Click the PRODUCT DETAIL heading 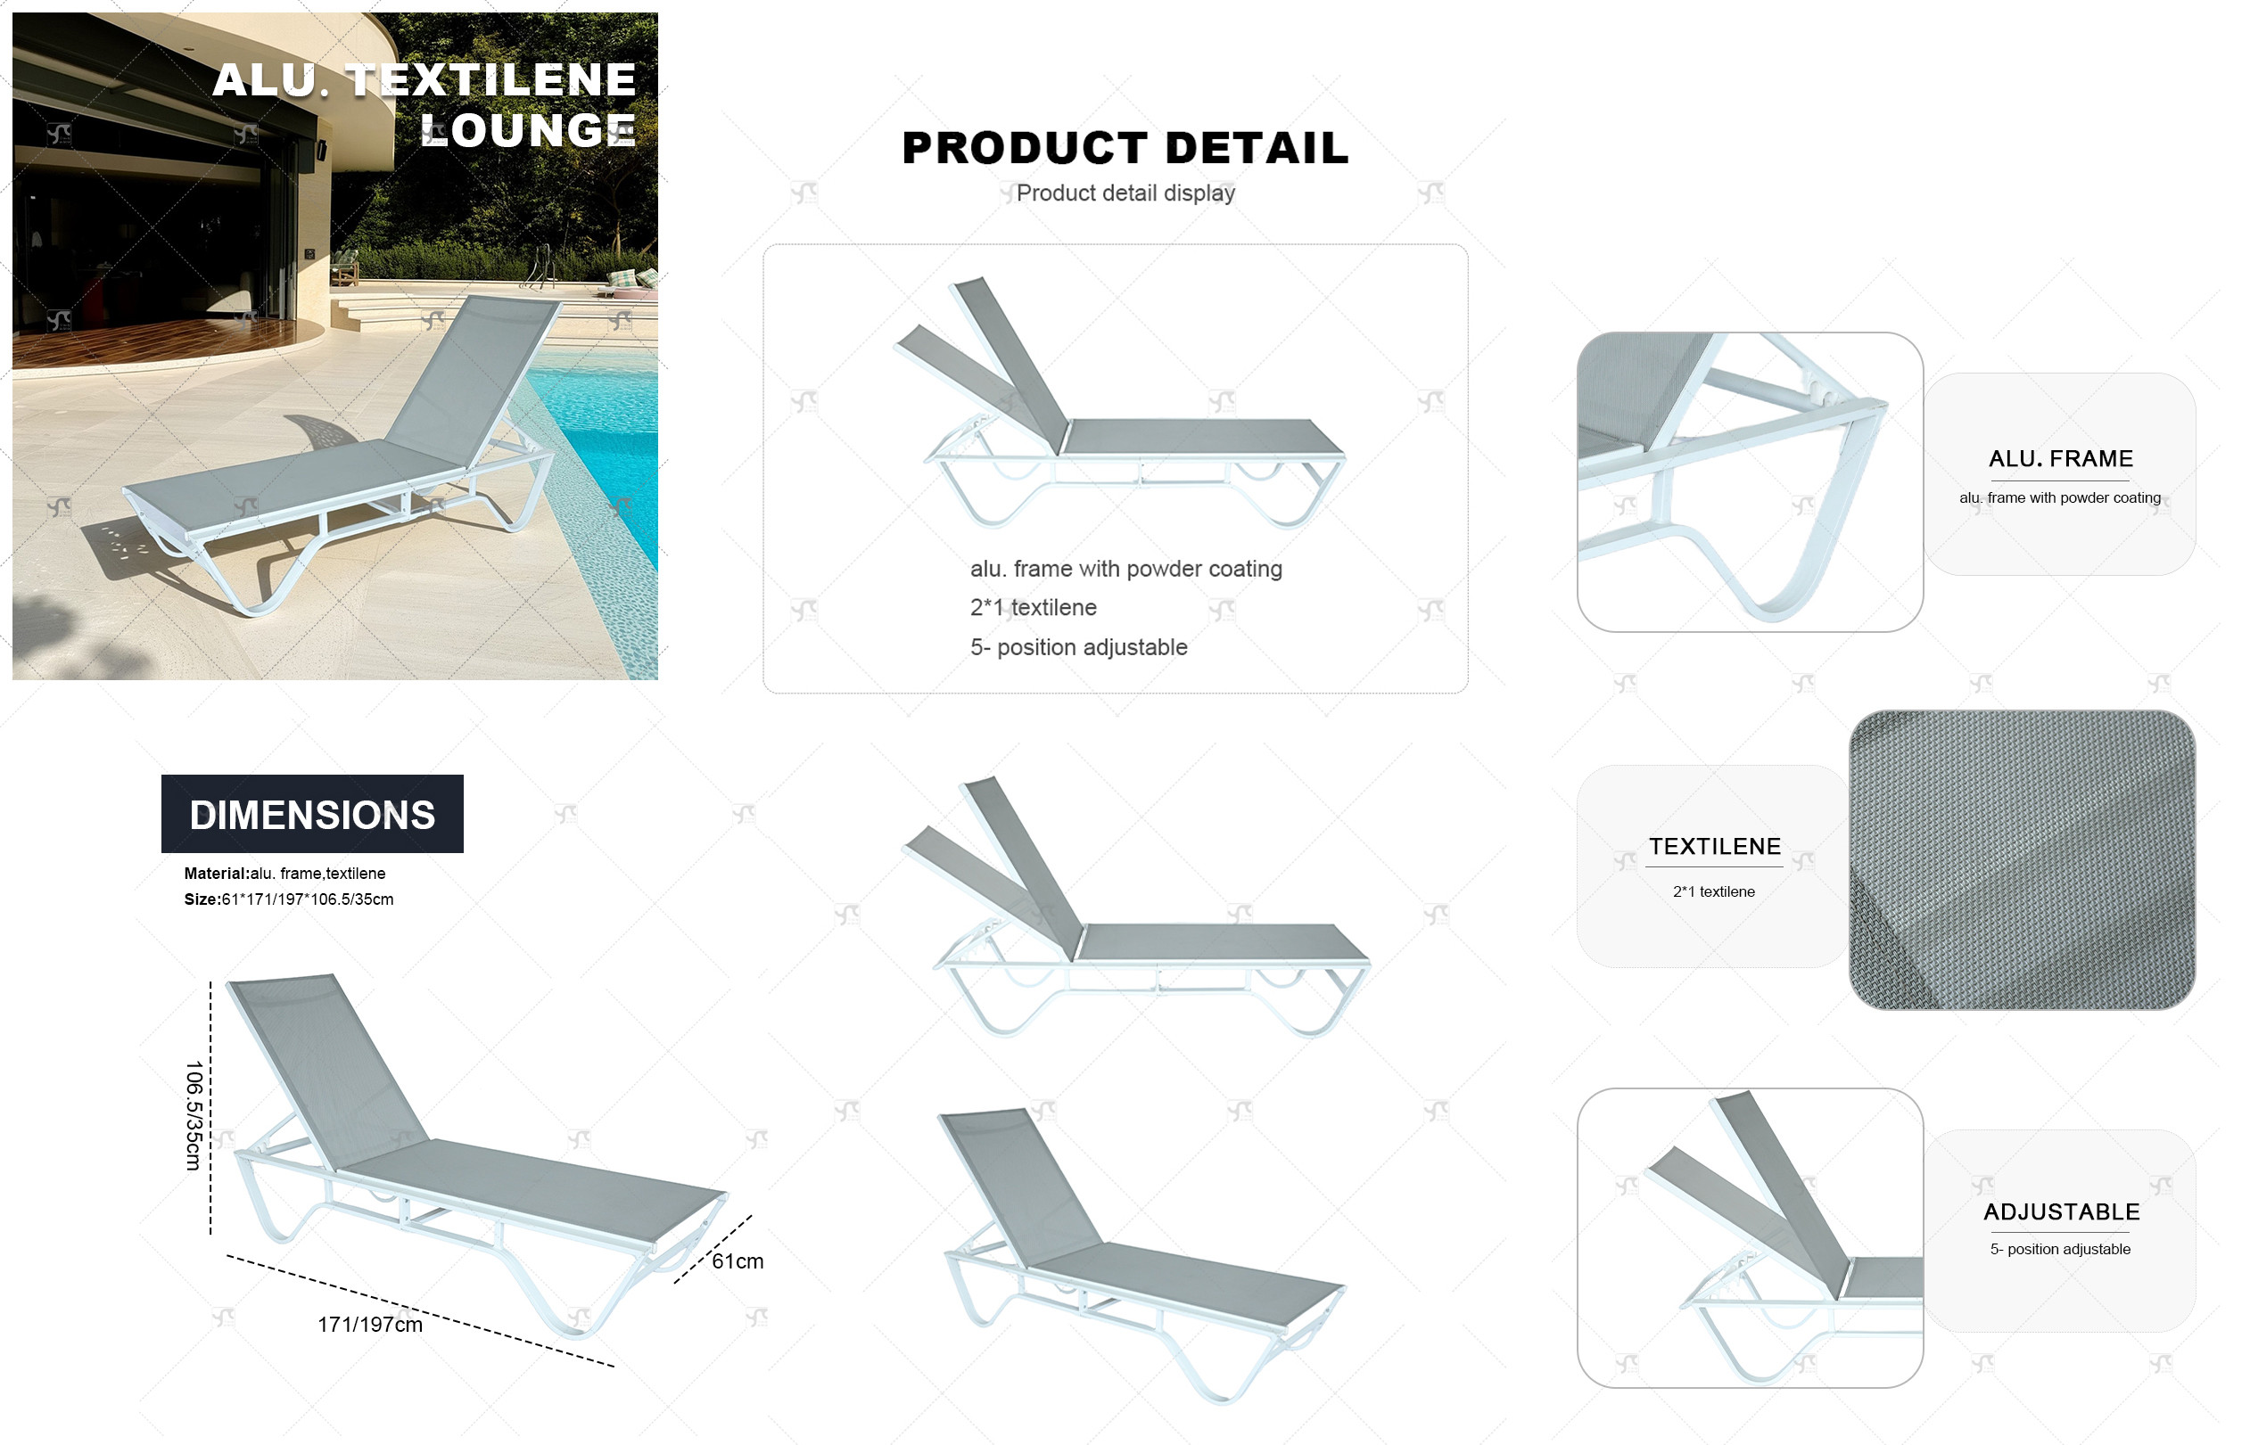[1125, 147]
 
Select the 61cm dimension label [737, 1261]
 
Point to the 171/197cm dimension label [370, 1324]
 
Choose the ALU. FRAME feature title [2060, 459]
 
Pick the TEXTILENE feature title [1714, 846]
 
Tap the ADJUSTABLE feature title [2061, 1211]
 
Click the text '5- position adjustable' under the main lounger [1078, 646]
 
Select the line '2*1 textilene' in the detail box [1033, 607]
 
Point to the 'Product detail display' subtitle [1125, 193]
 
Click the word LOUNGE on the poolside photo [528, 129]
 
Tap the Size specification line [288, 899]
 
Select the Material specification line [284, 873]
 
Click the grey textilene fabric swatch [2021, 859]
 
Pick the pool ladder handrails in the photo [540, 265]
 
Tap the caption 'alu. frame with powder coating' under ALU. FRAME [2059, 497]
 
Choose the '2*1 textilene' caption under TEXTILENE [1713, 891]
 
